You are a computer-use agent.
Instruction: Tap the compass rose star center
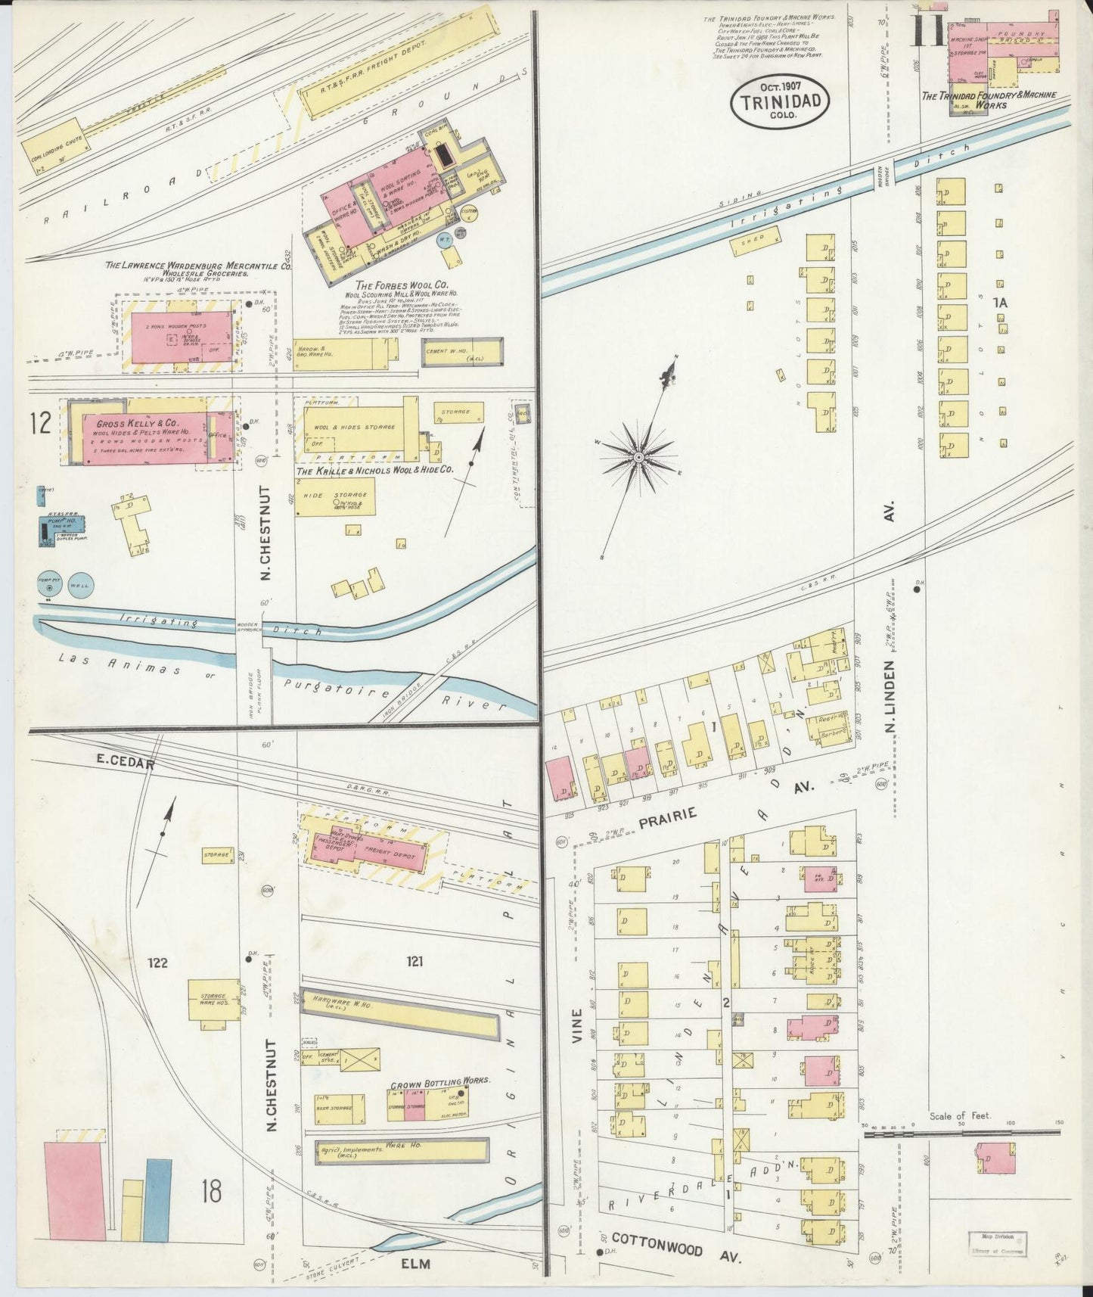point(638,457)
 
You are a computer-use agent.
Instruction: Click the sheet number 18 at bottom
point(211,1190)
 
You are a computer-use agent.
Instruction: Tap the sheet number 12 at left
point(41,423)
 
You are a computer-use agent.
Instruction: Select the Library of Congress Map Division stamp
point(998,1243)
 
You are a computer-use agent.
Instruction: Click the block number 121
point(414,962)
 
